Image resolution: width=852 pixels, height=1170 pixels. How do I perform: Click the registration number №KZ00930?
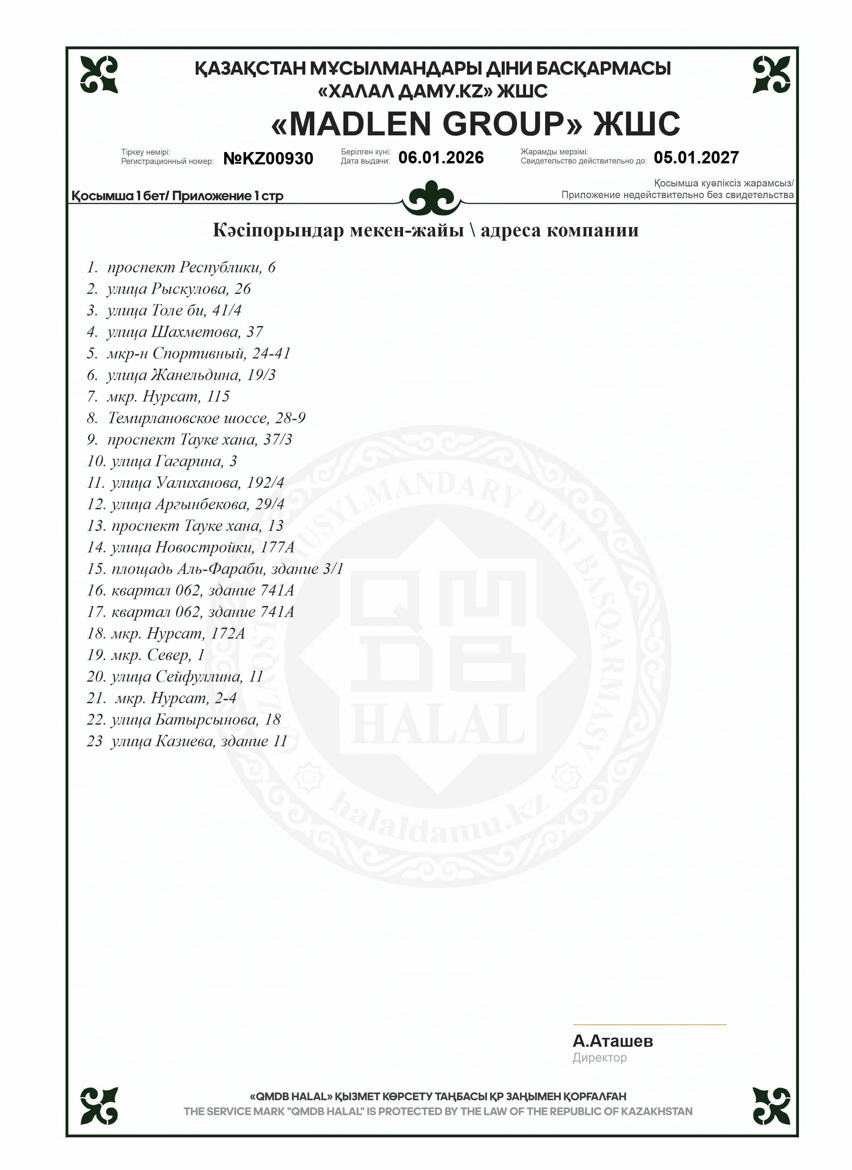coord(268,158)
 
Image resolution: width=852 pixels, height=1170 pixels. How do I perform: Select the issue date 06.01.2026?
coord(441,158)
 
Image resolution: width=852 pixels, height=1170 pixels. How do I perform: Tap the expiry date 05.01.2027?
coord(696,158)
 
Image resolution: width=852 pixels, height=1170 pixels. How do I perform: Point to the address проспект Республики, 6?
coord(191,267)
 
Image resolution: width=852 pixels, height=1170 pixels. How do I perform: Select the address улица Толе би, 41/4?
coord(174,310)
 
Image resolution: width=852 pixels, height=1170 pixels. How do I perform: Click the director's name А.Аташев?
coord(612,1041)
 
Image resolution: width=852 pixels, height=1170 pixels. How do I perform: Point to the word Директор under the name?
coord(599,1058)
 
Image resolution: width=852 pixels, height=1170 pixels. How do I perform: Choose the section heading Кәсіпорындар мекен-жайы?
coord(338,230)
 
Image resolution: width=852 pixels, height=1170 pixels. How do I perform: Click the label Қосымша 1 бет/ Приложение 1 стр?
coord(177,196)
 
